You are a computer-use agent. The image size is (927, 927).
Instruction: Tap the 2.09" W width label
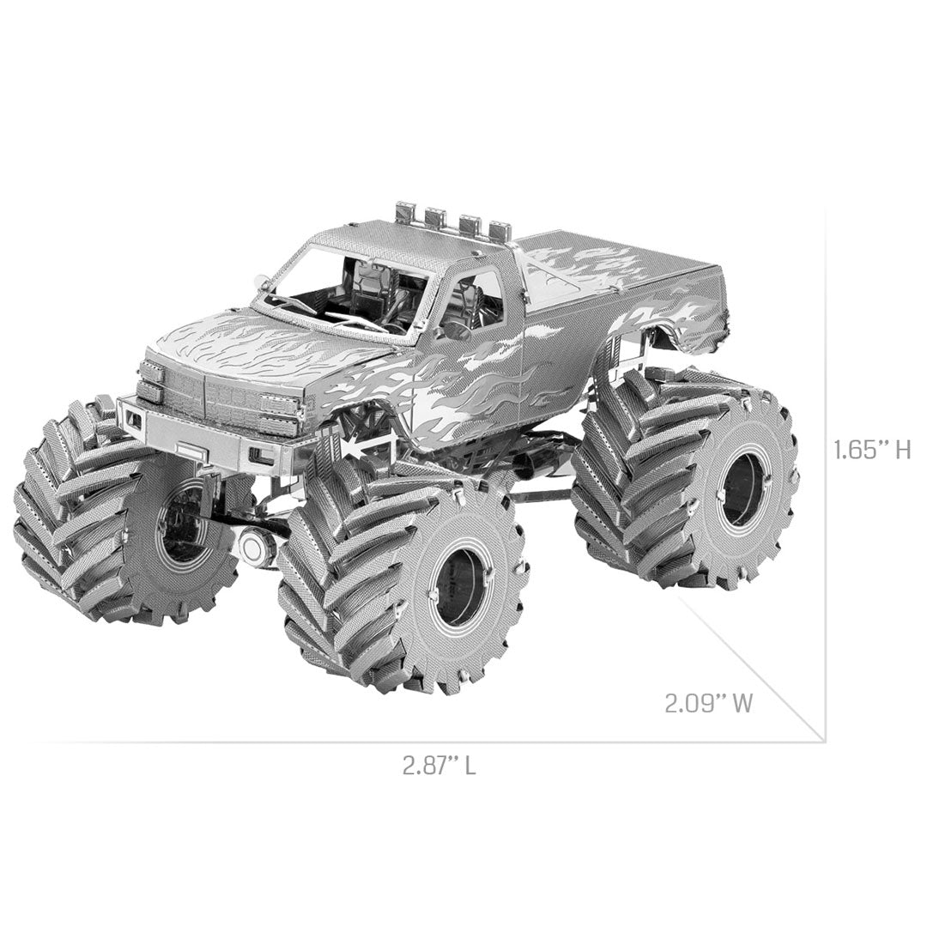click(708, 704)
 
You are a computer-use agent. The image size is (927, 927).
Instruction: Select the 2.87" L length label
click(439, 766)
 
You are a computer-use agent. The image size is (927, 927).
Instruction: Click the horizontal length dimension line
click(429, 741)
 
